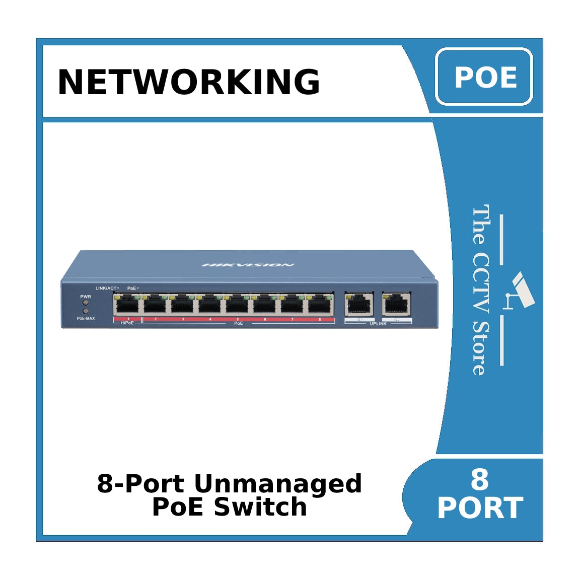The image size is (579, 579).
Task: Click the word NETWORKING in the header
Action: click(189, 82)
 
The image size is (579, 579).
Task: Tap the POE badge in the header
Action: click(484, 77)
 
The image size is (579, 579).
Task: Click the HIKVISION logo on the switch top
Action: click(248, 265)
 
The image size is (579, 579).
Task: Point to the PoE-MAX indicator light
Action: click(86, 312)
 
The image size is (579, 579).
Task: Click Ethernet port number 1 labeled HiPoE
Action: click(127, 305)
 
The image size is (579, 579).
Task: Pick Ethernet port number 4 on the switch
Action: click(209, 305)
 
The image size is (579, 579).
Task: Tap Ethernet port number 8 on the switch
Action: click(320, 305)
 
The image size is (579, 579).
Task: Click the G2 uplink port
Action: click(396, 304)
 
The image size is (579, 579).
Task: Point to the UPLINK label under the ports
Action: click(378, 324)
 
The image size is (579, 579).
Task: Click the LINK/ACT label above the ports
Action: click(106, 288)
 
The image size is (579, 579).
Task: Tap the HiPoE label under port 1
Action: click(127, 323)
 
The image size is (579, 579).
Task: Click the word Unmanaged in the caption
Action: click(278, 484)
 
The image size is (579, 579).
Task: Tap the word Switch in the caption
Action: click(260, 507)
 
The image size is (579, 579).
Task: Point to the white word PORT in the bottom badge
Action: click(480, 508)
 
